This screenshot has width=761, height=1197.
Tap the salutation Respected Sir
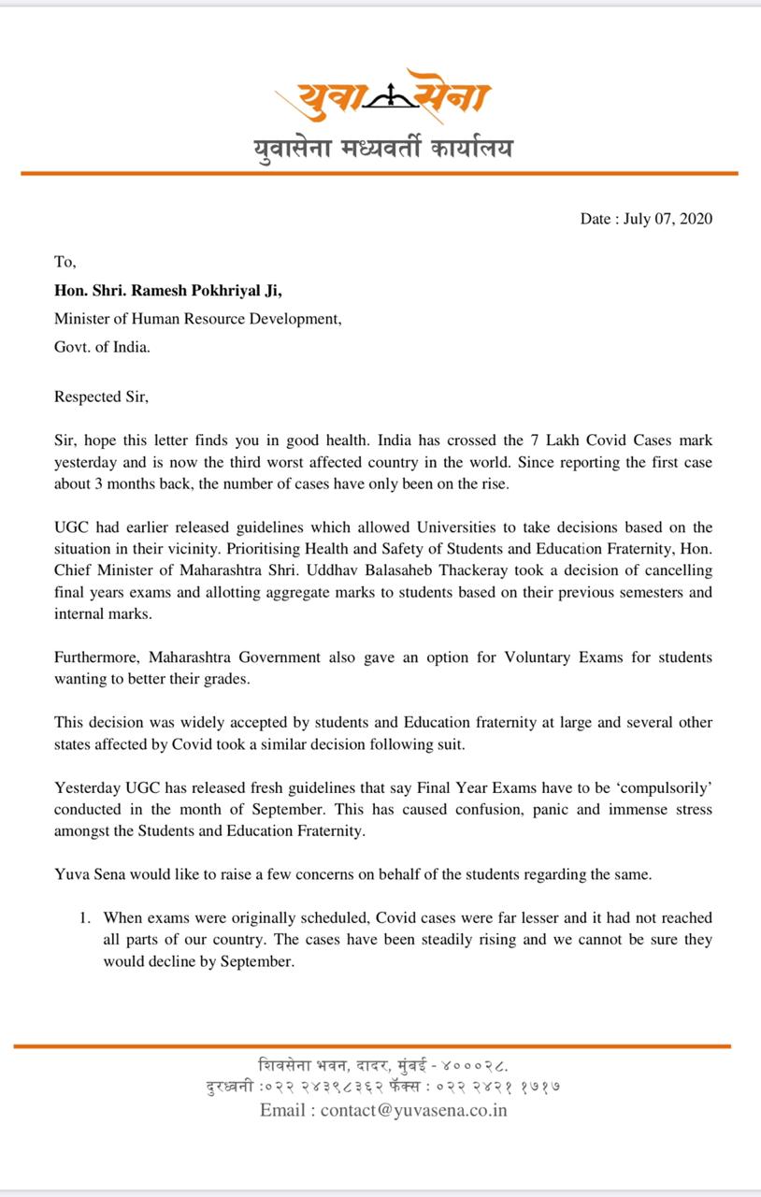click(x=101, y=396)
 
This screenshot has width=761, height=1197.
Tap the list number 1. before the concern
click(x=85, y=918)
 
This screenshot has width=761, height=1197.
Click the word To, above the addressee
click(x=65, y=263)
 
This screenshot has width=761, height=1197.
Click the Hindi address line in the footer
click(x=382, y=1064)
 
